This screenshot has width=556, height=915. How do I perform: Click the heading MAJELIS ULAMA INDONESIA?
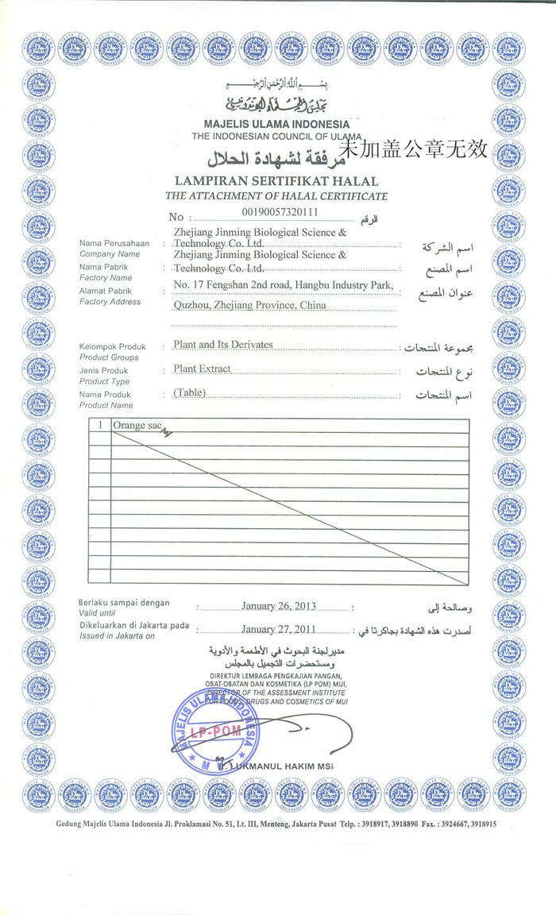click(x=276, y=125)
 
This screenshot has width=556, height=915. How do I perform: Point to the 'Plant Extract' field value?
click(x=202, y=369)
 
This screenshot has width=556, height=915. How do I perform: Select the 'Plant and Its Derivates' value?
click(x=222, y=345)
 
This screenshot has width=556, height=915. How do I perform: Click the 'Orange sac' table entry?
click(x=129, y=426)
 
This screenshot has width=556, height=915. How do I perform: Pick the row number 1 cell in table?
click(x=100, y=426)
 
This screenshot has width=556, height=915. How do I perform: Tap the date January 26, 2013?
click(x=278, y=606)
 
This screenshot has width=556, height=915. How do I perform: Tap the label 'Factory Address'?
click(x=110, y=302)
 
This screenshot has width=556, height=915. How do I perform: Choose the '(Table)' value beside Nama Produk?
click(x=188, y=393)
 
